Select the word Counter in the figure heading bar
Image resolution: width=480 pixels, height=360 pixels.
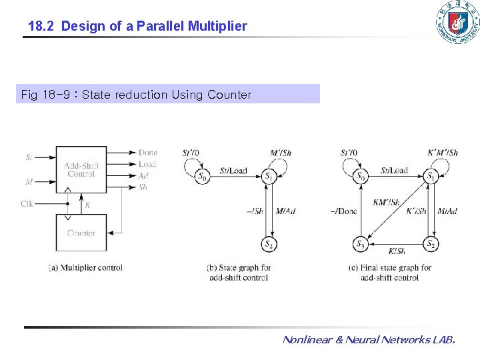point(229,95)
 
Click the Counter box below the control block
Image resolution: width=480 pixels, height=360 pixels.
point(81,233)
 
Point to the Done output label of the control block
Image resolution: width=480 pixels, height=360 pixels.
point(147,153)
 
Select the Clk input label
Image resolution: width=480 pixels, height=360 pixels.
point(27,204)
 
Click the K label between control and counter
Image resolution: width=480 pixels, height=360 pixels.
point(87,206)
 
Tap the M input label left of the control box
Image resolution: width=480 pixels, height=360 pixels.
point(29,181)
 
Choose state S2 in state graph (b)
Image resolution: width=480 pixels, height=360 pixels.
point(269,244)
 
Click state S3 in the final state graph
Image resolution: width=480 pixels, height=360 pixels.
point(360,244)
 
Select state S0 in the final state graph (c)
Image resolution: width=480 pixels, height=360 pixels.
point(360,177)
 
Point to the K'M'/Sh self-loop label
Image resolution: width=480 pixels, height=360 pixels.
point(442,153)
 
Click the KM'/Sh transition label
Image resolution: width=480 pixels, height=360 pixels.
point(386,202)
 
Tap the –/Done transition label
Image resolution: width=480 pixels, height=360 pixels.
point(343,211)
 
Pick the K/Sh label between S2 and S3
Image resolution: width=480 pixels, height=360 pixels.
point(396,251)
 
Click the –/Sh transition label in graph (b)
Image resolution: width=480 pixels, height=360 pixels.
point(254,211)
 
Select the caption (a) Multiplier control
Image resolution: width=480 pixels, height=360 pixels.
point(85,268)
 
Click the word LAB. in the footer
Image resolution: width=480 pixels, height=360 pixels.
point(443,340)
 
